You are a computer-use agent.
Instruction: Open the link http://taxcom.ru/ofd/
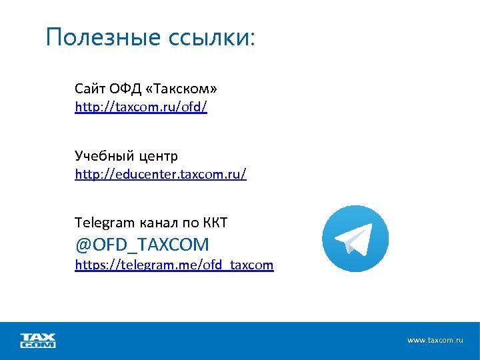coord(141,107)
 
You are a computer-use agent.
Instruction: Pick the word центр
coord(158,156)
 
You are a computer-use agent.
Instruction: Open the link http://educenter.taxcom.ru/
coord(161,175)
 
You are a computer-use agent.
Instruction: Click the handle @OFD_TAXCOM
coord(142,244)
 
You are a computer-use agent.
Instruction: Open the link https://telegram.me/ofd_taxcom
coord(174,265)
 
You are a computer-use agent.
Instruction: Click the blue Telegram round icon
coord(355,238)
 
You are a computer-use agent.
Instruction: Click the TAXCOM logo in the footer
coord(38,340)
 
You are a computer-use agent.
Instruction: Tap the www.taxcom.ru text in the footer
coord(435,340)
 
